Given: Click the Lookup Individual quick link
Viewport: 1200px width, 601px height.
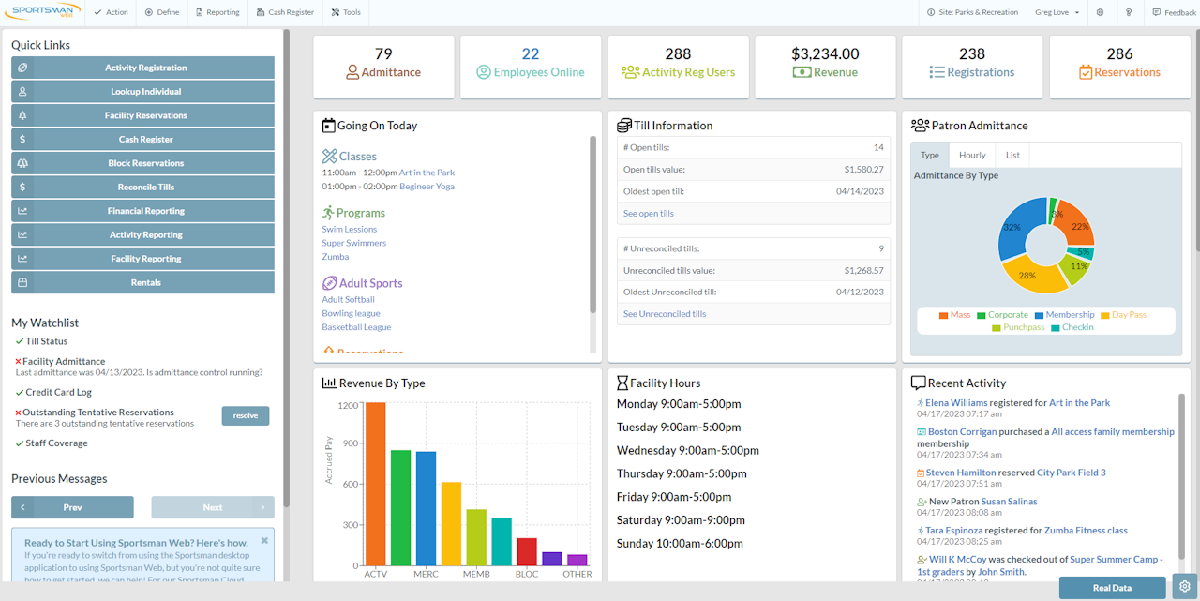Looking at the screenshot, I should pyautogui.click(x=143, y=92).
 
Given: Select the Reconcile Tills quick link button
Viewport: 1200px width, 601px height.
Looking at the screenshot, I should pyautogui.click(x=143, y=188).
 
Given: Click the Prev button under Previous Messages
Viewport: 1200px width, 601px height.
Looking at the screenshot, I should pyautogui.click(x=72, y=507).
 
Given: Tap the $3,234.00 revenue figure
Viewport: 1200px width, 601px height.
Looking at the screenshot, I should pyautogui.click(x=825, y=54).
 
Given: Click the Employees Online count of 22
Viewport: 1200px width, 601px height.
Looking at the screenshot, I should pyautogui.click(x=531, y=54).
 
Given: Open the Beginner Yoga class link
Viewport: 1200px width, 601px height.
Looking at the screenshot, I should pyautogui.click(x=427, y=187).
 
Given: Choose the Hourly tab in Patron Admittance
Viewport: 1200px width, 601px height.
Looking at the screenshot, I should pyautogui.click(x=972, y=155).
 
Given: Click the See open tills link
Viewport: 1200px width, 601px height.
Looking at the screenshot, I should pyautogui.click(x=649, y=214).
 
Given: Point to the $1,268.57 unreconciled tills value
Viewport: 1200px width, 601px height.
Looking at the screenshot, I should pyautogui.click(x=863, y=270).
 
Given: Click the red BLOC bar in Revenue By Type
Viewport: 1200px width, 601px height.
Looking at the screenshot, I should pyautogui.click(x=527, y=551).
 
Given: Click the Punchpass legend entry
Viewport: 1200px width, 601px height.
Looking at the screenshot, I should pyautogui.click(x=1024, y=327).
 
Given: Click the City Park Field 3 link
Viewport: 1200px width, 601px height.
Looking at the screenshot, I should pyautogui.click(x=1071, y=473).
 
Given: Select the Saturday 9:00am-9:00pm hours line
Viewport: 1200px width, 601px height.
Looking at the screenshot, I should pyautogui.click(x=681, y=520).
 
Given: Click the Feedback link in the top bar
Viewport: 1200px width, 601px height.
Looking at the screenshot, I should pyautogui.click(x=1174, y=12).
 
